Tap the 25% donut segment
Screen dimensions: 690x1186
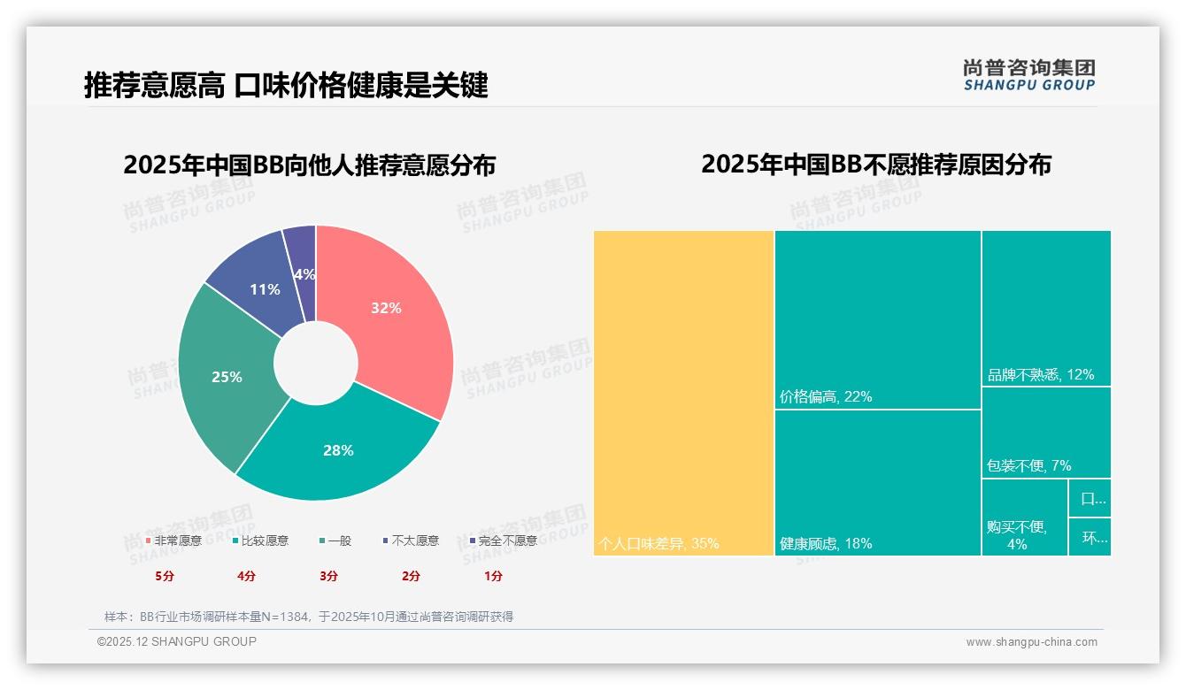pos(227,376)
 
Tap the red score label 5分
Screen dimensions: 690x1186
pos(165,576)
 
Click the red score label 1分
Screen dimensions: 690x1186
pos(493,576)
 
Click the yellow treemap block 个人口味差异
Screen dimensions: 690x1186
pos(683,393)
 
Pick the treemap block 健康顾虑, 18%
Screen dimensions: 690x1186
pos(877,482)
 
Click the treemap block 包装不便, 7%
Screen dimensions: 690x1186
pos(1045,432)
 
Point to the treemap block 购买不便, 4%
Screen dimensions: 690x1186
pos(1024,517)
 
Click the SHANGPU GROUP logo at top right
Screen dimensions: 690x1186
pos(1028,75)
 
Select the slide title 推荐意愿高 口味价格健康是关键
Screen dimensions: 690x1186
pos(286,86)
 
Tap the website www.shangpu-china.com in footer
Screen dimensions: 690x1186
pos(1031,642)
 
